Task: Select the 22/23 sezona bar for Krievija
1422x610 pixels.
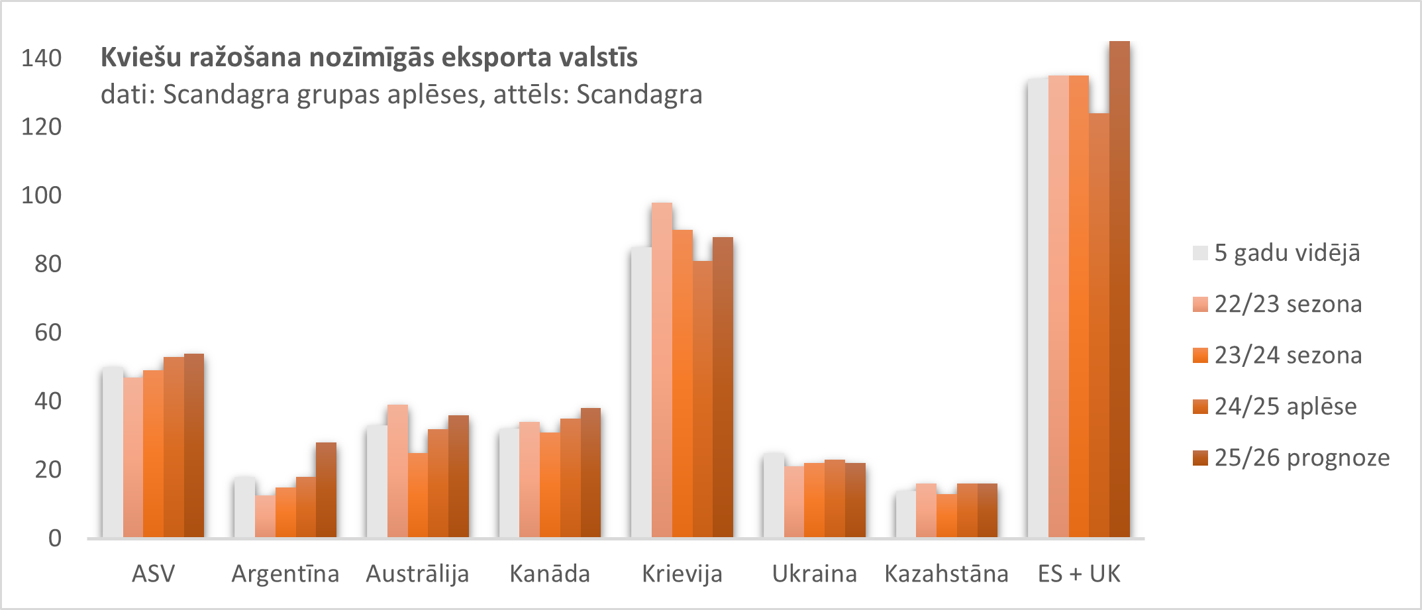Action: coord(662,370)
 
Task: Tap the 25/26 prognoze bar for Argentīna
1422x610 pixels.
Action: coord(326,490)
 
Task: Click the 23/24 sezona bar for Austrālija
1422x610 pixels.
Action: coord(417,495)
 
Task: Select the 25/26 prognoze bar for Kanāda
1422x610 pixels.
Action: coord(591,473)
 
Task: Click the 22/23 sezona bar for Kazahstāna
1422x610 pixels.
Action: coord(926,511)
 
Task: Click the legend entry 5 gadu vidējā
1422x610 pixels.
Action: coord(1287,253)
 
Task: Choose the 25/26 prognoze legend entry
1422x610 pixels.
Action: coord(1301,458)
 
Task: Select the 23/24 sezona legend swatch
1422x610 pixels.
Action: coord(1200,356)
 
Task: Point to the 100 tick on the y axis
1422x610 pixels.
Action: coord(41,195)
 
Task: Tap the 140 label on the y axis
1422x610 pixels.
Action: coord(41,58)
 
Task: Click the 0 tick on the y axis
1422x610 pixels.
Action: coord(55,538)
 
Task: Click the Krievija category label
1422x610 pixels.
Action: coord(682,574)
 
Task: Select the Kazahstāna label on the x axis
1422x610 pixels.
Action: coord(946,574)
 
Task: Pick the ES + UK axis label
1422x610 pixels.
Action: coord(1079,574)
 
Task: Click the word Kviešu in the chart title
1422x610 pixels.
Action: coord(141,58)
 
